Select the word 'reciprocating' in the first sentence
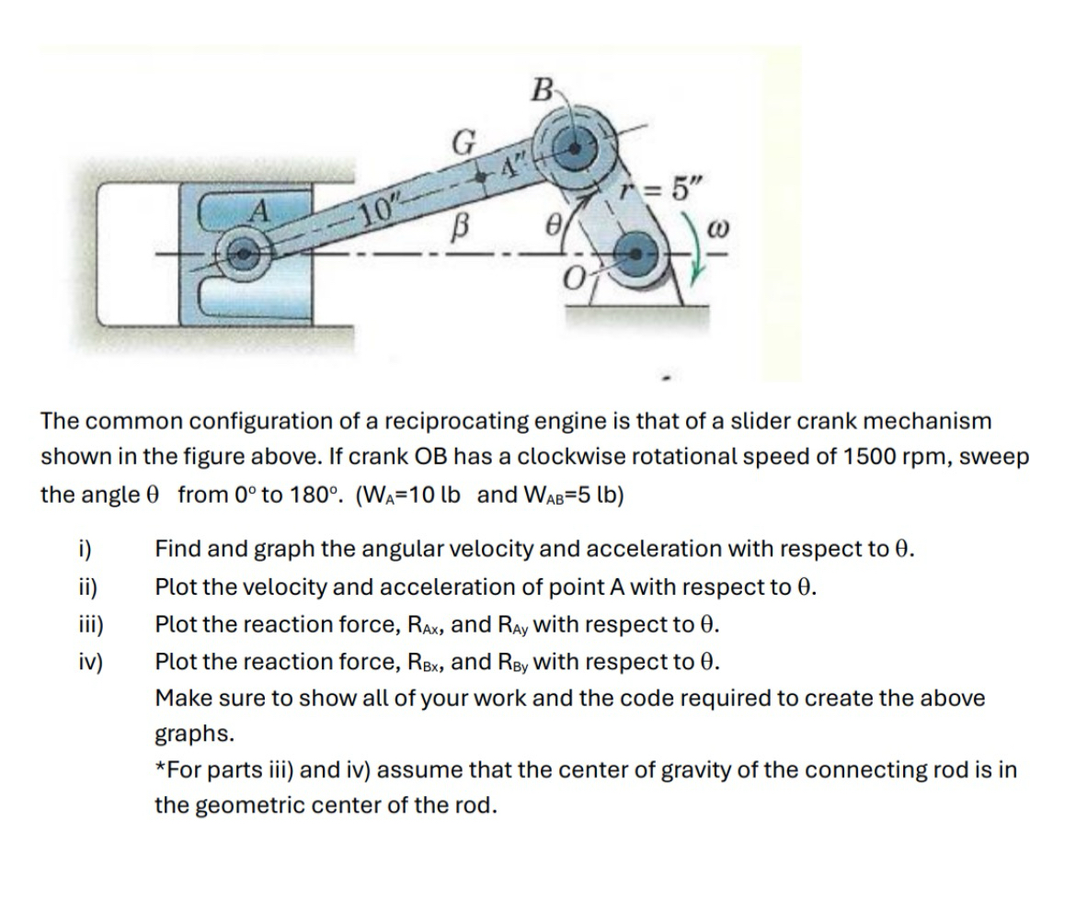tap(459, 421)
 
